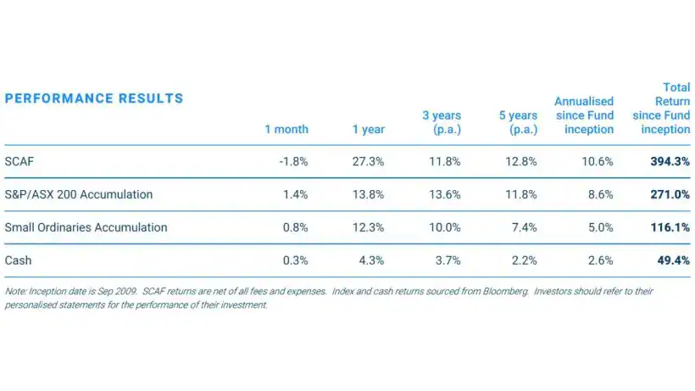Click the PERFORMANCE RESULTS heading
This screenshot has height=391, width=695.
point(94,98)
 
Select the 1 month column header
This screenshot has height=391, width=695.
point(286,130)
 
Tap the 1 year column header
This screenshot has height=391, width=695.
point(369,130)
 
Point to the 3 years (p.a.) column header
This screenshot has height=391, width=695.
point(442,123)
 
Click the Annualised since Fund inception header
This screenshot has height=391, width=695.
point(584,115)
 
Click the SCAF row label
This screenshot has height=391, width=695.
point(19,161)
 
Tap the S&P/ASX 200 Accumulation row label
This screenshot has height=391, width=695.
point(79,194)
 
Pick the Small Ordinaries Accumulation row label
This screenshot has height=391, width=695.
point(86,227)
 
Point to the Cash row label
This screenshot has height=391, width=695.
point(18,260)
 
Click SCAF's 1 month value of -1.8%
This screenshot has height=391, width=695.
point(292,161)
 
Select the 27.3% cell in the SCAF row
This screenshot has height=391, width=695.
point(369,161)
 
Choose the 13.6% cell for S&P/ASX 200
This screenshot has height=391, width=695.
point(445,194)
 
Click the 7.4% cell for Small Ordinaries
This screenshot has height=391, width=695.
point(524,227)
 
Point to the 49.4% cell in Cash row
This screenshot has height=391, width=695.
point(673,260)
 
